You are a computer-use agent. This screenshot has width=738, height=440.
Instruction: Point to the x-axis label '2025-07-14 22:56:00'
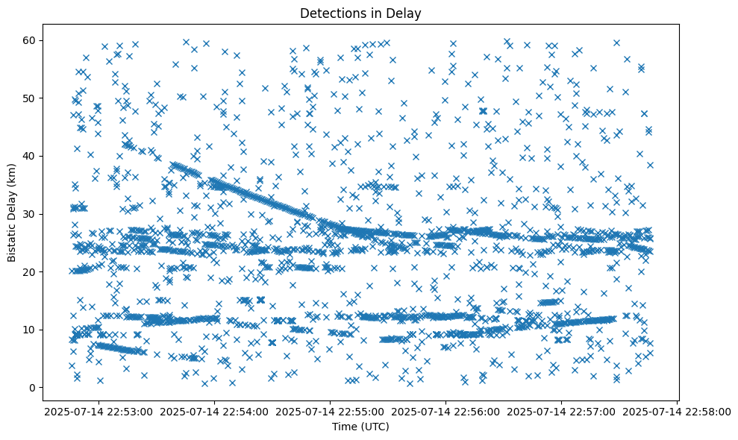point(446,411)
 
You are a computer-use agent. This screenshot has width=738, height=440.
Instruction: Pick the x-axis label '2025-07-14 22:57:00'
point(562,411)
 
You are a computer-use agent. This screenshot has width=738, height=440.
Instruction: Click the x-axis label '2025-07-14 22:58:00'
point(678,411)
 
